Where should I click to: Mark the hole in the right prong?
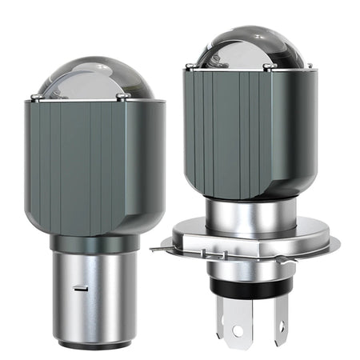click(280, 327)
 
